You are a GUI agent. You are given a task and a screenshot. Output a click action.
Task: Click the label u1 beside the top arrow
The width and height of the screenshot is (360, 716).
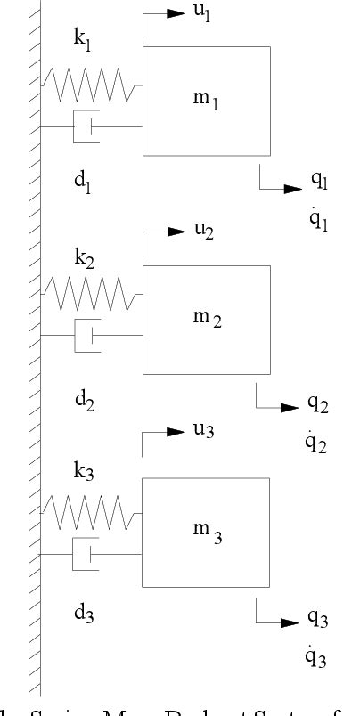[202, 16]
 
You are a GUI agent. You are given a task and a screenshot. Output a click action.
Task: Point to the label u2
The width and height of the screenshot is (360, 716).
[203, 229]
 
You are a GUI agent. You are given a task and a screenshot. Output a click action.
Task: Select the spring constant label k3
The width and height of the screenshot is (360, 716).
[84, 471]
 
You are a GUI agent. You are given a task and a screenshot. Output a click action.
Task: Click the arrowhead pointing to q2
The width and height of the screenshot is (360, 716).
[290, 407]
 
